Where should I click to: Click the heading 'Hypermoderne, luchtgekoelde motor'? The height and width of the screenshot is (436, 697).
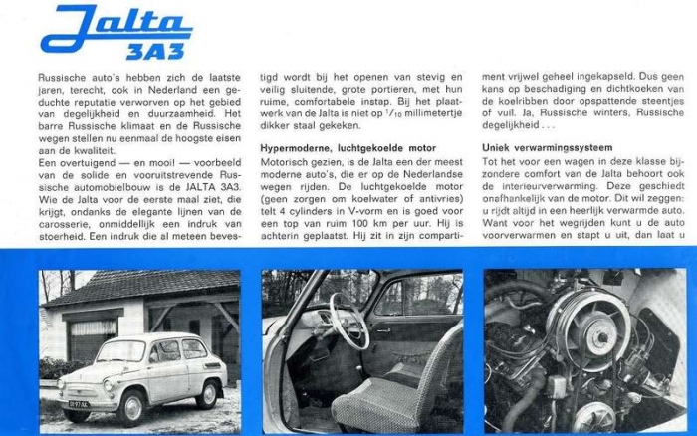click(344, 148)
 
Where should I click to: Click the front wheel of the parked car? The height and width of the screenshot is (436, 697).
click(131, 406)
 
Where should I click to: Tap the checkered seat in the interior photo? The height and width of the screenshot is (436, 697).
click(393, 398)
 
